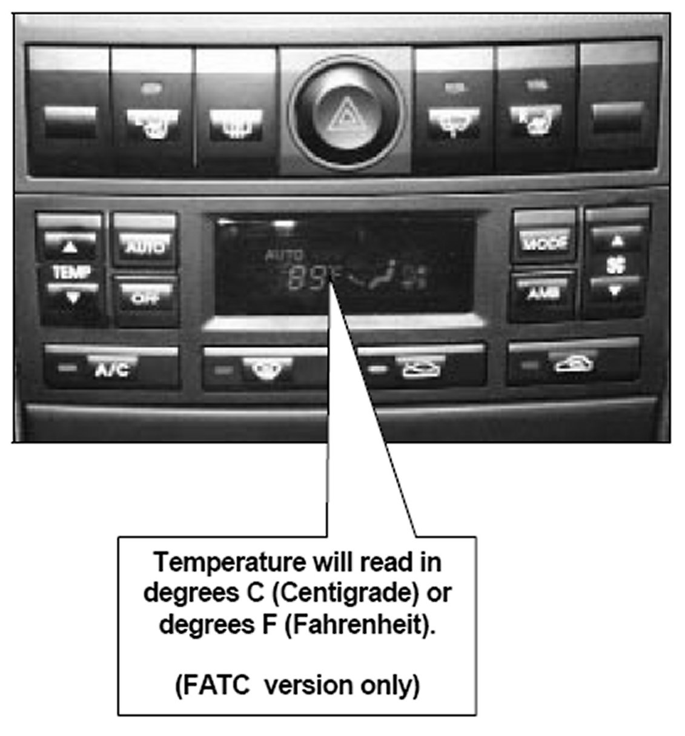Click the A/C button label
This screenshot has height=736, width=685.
(x=112, y=369)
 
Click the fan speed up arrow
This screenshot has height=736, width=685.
(x=616, y=241)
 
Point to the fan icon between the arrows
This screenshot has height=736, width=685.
(x=616, y=266)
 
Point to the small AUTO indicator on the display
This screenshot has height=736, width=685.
(x=284, y=255)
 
